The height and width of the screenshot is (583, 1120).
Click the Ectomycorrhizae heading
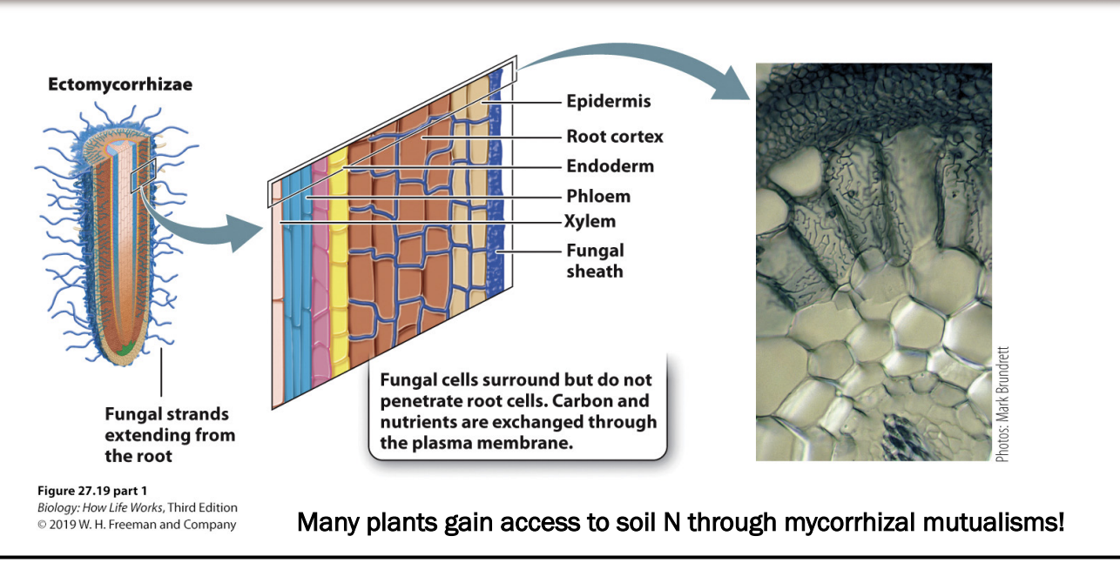120,85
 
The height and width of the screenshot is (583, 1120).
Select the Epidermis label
608,102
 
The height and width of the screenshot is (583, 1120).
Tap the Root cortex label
614,136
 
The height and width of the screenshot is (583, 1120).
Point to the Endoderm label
610,165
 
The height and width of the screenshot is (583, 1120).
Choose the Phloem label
597,196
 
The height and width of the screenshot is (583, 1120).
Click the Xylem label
590,221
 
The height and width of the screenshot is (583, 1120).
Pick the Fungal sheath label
595,260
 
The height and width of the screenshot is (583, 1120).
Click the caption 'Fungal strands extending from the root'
169,434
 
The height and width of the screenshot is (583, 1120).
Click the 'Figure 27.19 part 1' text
85,491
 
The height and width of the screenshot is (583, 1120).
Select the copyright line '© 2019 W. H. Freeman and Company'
136,525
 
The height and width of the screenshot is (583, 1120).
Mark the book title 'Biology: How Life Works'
98,508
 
